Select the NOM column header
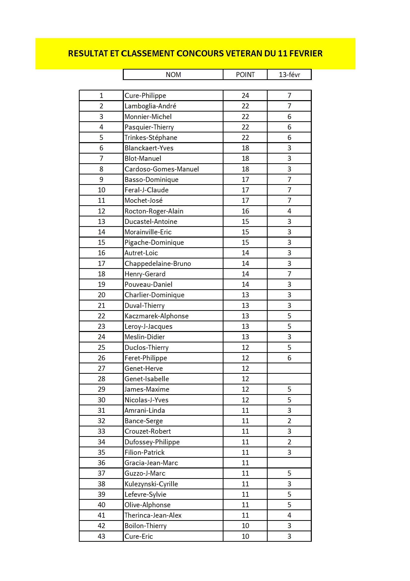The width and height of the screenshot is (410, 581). tap(173, 75)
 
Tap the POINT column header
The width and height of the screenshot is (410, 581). tap(245, 75)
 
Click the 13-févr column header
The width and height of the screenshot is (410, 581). tap(289, 75)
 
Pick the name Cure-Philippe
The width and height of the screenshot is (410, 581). tap(145, 96)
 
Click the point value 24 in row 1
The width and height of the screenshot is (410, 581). tap(245, 96)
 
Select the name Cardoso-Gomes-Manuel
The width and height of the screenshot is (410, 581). tap(162, 169)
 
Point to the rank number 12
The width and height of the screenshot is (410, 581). tap(101, 211)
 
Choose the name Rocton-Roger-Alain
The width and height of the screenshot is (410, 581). tap(154, 211)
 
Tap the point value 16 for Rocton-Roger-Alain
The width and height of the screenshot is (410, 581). tap(245, 211)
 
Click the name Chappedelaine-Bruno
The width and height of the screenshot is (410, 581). tap(158, 263)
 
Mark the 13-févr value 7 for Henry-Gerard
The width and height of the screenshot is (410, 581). tap(289, 274)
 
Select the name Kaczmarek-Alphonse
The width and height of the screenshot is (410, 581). tap(156, 316)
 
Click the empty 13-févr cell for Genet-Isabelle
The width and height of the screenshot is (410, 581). tap(289, 379)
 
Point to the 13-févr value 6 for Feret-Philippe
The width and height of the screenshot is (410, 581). tap(289, 358)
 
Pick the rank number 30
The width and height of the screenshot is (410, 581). tap(101, 400)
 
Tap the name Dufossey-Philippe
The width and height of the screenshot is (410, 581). tap(152, 442)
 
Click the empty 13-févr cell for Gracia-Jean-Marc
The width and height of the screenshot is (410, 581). tap(289, 463)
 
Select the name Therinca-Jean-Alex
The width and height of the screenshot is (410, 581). tap(153, 515)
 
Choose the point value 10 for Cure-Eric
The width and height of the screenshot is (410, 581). tap(245, 536)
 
